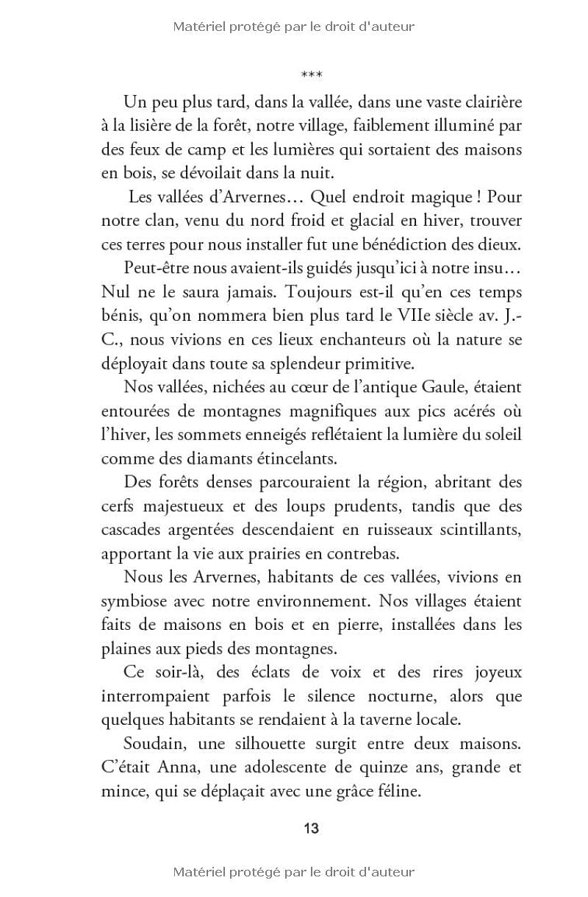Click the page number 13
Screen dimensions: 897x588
click(x=311, y=828)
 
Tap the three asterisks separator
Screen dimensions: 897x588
click(x=312, y=75)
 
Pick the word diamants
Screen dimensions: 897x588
click(x=204, y=458)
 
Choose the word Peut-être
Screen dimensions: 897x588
click(x=160, y=267)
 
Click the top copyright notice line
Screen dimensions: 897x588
click(x=294, y=27)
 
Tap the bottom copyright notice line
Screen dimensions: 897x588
click(x=294, y=872)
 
